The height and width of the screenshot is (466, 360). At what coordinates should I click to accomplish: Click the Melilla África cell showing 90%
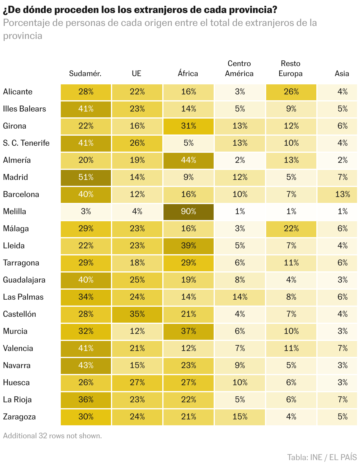tap(189, 211)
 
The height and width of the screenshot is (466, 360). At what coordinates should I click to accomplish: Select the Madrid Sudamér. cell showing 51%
tap(86, 177)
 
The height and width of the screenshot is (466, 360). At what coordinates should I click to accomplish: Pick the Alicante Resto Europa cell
tap(291, 92)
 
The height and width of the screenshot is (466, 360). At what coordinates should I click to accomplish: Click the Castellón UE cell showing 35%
tap(137, 314)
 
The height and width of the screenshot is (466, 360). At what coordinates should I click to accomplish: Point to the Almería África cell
tap(189, 160)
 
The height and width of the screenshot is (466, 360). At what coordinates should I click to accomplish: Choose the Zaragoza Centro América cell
tap(240, 417)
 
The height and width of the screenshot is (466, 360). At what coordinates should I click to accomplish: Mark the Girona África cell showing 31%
tap(189, 126)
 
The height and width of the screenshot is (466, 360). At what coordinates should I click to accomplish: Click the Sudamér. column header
tap(85, 73)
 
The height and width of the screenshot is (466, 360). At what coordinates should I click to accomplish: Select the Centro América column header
tap(239, 68)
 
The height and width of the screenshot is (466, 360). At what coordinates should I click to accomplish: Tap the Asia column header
tap(342, 73)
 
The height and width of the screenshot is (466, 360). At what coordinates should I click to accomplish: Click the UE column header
tap(137, 73)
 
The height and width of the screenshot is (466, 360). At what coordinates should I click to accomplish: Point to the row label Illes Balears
tap(24, 109)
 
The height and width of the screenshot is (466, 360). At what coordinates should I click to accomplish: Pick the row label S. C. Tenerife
tap(26, 143)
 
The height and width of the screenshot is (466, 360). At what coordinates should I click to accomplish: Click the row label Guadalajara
tap(24, 280)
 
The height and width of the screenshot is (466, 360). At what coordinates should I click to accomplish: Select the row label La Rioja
tap(17, 400)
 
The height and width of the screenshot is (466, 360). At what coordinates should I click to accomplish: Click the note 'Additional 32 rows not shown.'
tap(52, 436)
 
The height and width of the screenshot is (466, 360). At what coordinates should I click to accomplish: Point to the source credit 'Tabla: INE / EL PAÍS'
tap(322, 457)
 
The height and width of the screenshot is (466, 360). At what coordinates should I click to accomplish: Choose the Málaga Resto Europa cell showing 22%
tap(291, 229)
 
